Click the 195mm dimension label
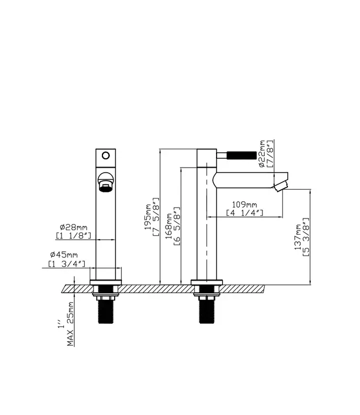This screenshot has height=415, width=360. pos(147,217)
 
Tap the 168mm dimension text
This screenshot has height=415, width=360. pos(169,226)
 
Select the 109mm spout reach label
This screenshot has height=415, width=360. pos(244,205)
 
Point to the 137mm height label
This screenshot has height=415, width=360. pos(298,237)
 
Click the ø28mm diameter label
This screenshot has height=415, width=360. pos(73,227)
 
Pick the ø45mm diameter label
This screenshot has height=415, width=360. pos(64,255)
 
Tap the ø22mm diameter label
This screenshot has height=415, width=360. pos(262,153)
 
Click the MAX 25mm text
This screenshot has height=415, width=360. pos(70,324)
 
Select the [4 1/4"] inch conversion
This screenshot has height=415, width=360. pos(244,213)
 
